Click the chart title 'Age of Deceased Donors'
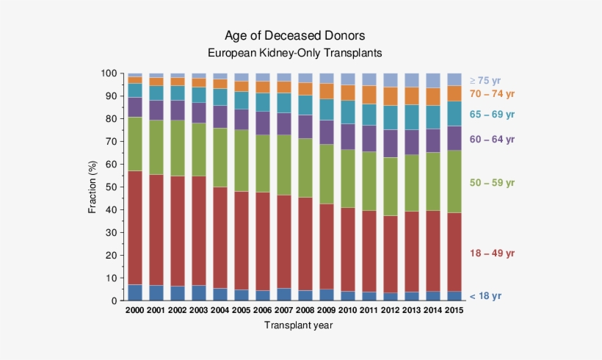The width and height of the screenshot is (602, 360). [x=294, y=36]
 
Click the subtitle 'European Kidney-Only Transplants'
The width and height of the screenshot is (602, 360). [x=294, y=54]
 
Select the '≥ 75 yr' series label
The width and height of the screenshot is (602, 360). [x=485, y=81]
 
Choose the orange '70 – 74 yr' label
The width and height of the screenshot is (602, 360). [x=492, y=94]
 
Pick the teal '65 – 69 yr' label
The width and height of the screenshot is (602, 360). [x=492, y=115]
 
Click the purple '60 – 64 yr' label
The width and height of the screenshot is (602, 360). [x=492, y=139]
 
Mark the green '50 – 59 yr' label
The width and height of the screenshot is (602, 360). [x=492, y=182]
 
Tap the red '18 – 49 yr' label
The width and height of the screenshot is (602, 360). [x=492, y=253]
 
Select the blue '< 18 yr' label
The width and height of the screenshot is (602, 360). [x=486, y=296]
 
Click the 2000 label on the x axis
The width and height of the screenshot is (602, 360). [x=135, y=310]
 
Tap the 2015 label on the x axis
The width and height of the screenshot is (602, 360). [x=454, y=310]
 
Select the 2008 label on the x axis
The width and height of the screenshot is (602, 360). [x=305, y=310]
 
